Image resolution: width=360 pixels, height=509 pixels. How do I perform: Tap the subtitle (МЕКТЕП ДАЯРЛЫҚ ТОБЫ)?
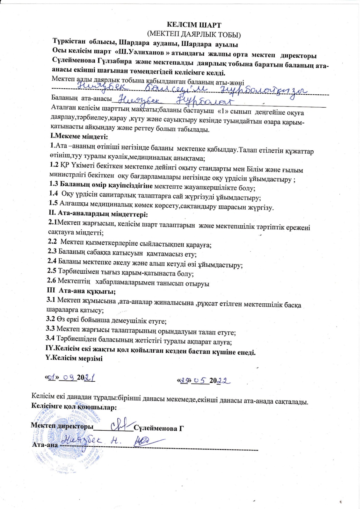[194, 34]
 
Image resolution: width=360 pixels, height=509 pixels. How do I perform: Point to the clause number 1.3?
[54, 184]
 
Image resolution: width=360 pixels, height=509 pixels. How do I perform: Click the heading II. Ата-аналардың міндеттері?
[98, 214]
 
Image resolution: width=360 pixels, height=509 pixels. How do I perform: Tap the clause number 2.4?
[52, 260]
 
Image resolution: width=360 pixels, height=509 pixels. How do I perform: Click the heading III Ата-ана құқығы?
[81, 291]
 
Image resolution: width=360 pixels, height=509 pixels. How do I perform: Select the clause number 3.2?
[50, 318]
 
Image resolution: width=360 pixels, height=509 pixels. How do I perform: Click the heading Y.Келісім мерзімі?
[74, 358]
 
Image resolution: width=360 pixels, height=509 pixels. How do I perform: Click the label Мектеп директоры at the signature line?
[62, 426]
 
